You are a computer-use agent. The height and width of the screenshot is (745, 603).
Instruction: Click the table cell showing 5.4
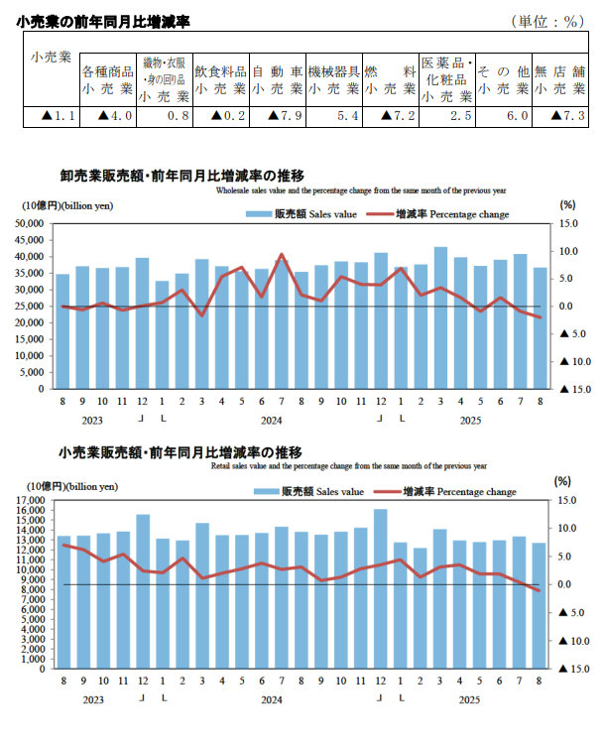(x=333, y=117)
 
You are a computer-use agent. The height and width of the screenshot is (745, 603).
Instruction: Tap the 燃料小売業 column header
(x=390, y=80)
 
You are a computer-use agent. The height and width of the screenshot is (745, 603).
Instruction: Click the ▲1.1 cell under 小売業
(x=51, y=117)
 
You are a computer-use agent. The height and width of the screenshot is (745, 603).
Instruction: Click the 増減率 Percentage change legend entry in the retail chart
(x=459, y=491)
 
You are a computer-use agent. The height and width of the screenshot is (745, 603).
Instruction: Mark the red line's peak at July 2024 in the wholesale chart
(x=282, y=255)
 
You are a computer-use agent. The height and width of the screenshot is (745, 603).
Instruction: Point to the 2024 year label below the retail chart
(x=271, y=700)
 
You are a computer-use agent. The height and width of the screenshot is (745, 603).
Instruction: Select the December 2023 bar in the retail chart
(x=143, y=591)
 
